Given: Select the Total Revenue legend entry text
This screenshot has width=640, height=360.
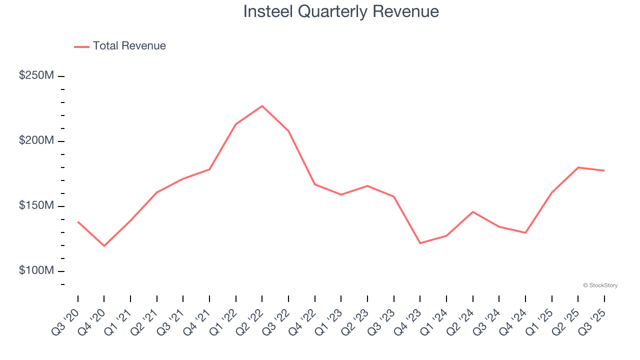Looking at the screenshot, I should point(129,46).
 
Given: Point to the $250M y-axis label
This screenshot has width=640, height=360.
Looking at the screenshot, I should point(36,75).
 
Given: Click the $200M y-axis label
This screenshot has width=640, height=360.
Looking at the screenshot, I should point(36,140).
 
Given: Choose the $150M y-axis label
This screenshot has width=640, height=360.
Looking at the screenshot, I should point(36,205).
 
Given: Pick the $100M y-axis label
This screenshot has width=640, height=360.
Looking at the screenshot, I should point(36,270).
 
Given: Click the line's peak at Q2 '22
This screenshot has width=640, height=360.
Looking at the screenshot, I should point(262,106).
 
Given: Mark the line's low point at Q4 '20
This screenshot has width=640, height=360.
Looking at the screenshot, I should point(104,246).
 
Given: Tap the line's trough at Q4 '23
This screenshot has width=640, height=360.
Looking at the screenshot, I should point(420,243).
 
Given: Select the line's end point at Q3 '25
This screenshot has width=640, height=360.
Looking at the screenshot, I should point(604,170).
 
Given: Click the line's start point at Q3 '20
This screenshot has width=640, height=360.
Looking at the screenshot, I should point(78,221).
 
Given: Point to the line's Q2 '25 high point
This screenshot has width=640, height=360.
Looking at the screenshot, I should point(578,167).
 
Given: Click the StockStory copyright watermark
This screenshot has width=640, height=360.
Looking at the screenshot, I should point(600,285).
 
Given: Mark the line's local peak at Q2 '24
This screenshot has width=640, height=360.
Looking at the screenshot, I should point(472,211).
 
